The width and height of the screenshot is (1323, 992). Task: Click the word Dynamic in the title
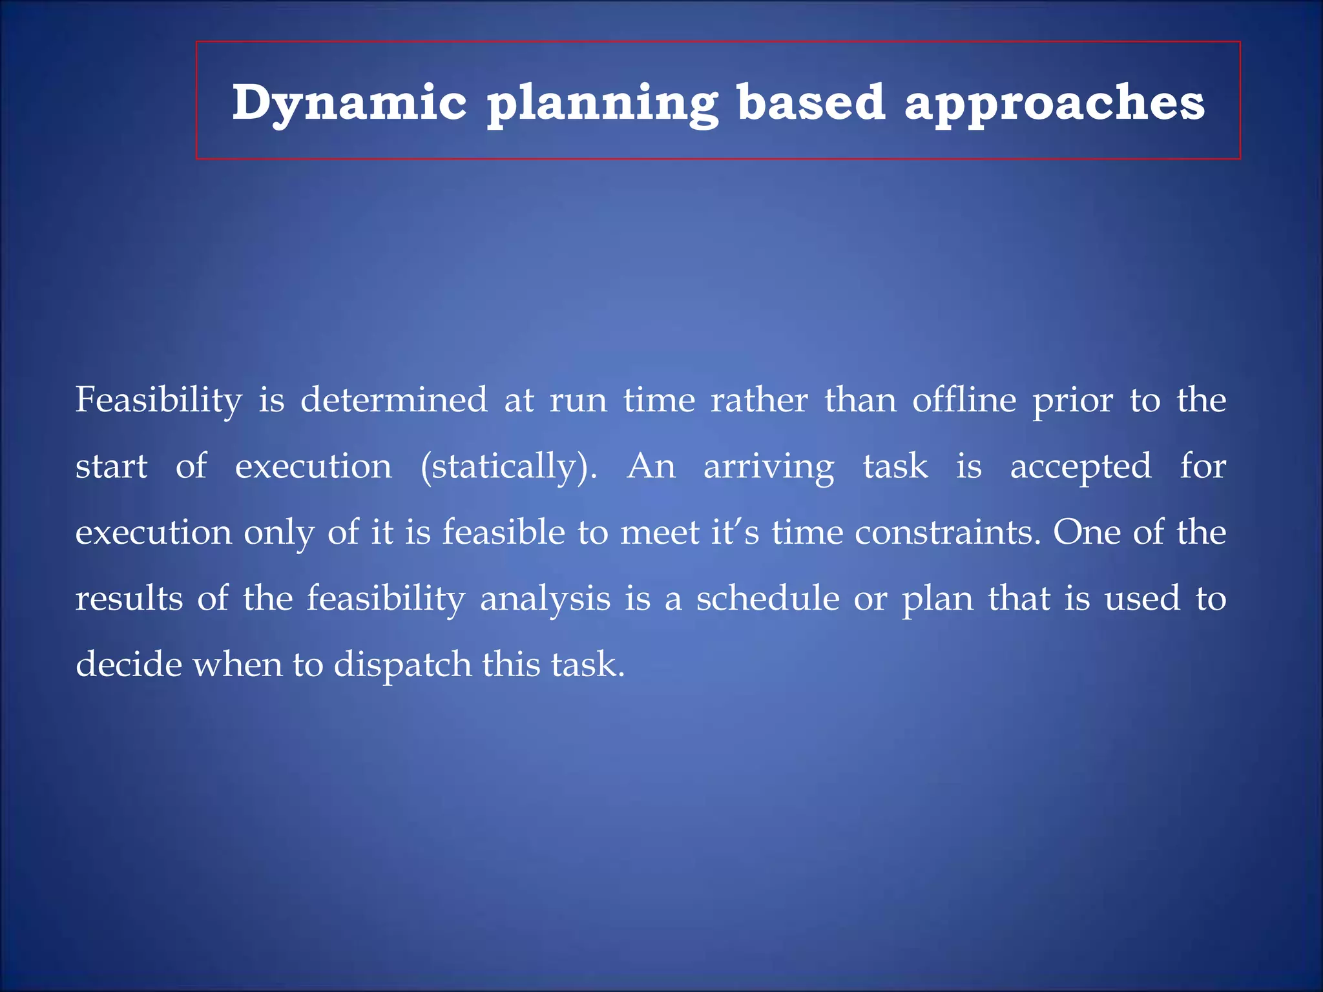[349, 103]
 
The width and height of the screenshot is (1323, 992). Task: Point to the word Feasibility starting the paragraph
[159, 400]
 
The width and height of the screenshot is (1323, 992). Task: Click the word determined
[393, 400]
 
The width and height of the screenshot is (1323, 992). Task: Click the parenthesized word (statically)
[508, 467]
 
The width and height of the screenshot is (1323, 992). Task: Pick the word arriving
[769, 467]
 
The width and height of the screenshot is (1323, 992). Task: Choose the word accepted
[1081, 467]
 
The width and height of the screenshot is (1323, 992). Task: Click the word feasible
[503, 533]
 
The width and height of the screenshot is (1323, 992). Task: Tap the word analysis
[545, 599]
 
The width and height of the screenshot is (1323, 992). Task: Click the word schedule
[767, 598]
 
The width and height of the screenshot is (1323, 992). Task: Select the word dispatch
[402, 665]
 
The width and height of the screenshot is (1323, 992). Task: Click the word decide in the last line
[129, 664]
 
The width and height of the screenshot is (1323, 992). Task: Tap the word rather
[758, 400]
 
